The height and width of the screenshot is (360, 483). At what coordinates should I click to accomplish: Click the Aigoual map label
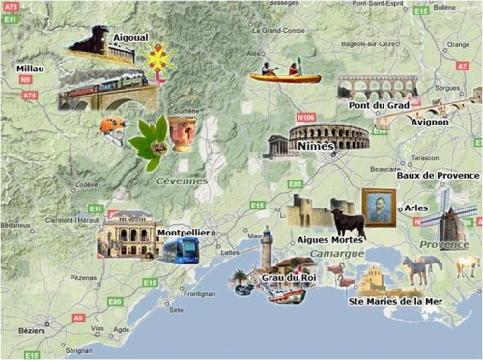coord(130,36)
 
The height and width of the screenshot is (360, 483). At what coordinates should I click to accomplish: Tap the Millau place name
coord(31,69)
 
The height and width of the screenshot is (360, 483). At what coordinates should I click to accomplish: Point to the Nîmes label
coord(317,146)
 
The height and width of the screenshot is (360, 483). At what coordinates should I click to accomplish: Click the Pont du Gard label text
coord(379,104)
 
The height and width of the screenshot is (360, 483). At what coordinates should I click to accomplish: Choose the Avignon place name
coord(429,123)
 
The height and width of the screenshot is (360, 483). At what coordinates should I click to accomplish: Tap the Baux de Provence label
coord(438,175)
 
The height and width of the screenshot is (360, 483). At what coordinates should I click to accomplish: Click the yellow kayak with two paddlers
coord(278,71)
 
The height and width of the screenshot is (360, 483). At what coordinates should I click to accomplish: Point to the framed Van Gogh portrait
coord(379,207)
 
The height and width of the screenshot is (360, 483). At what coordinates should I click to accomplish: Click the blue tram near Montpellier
coord(181,252)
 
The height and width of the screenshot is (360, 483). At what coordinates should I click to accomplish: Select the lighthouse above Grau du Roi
coord(267,248)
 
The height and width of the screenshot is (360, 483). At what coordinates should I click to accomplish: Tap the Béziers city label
coord(33,330)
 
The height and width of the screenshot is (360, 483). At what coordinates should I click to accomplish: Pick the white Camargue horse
coord(416,268)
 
